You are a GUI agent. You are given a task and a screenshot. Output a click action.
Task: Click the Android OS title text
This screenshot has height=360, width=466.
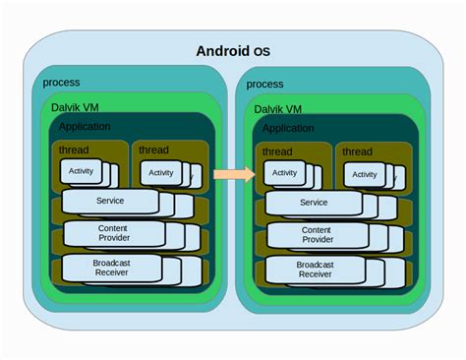click(x=232, y=51)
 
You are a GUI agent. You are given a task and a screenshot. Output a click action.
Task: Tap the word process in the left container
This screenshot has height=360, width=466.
click(x=61, y=83)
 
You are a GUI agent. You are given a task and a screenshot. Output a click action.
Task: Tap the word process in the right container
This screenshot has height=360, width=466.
click(x=265, y=85)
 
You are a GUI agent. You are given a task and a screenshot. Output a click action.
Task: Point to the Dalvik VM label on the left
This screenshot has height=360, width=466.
click(x=75, y=106)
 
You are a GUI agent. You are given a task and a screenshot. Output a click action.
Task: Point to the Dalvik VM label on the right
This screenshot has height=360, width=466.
click(x=279, y=108)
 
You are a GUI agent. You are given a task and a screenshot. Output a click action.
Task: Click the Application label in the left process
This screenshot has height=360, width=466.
click(x=85, y=127)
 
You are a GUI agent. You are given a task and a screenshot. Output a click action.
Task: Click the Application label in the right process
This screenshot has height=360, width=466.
click(x=289, y=129)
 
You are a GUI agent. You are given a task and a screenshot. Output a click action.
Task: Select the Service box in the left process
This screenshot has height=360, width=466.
click(x=109, y=201)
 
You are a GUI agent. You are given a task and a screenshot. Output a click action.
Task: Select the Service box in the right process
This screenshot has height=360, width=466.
click(x=314, y=203)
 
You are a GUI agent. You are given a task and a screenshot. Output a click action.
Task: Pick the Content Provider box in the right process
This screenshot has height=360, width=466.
click(x=317, y=234)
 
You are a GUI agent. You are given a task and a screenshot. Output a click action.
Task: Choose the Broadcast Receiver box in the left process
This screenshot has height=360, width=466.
click(x=110, y=268)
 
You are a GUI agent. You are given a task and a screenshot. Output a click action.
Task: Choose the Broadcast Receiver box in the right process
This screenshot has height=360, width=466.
click(x=314, y=270)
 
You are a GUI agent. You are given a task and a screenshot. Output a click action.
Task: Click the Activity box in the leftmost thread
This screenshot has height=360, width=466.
click(x=81, y=170)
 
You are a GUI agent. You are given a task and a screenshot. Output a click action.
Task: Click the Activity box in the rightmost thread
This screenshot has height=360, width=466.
click(x=364, y=174)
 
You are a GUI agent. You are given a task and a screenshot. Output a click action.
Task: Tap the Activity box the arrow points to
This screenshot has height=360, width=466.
click(x=284, y=173)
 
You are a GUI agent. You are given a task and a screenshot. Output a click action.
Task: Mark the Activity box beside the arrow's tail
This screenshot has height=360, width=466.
click(x=160, y=173)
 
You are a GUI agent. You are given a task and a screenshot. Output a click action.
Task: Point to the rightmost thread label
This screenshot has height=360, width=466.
click(x=357, y=151)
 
